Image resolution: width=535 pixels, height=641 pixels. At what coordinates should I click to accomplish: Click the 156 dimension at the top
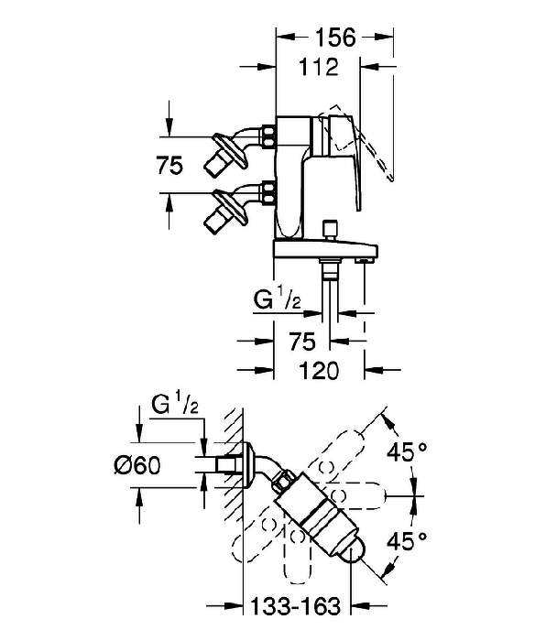tap(335, 38)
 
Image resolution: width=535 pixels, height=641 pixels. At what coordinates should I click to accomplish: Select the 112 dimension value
tap(319, 66)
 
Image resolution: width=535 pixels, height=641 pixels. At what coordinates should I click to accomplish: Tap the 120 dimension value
tap(319, 370)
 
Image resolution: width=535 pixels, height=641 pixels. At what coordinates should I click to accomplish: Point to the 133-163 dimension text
tap(295, 605)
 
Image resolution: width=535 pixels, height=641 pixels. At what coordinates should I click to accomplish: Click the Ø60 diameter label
tap(137, 465)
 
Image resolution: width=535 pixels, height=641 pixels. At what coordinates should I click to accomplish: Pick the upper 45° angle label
tap(407, 452)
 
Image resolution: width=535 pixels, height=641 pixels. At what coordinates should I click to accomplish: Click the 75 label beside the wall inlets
tap(169, 166)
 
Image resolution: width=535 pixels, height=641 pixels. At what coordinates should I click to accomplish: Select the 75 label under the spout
tap(302, 341)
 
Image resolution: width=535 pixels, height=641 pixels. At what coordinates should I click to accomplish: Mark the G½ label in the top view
tap(175, 405)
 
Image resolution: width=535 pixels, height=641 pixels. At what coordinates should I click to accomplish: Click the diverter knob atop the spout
tap(330, 231)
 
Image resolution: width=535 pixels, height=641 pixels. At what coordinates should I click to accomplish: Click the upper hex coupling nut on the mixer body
tap(269, 136)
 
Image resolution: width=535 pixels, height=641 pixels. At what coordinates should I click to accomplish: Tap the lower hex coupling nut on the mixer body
tap(269, 192)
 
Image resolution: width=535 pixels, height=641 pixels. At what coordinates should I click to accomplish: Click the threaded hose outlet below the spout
tap(330, 270)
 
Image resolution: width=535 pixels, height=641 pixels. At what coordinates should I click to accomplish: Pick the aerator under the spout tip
tap(365, 260)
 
